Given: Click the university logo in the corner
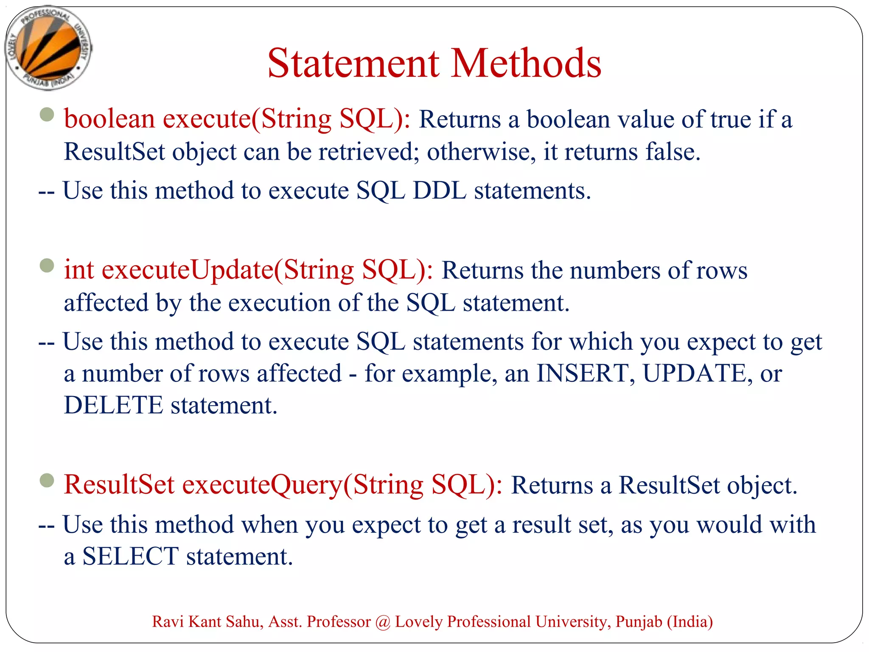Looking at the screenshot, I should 48,48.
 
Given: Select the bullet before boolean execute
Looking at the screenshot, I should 47,114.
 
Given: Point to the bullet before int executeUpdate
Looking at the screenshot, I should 47,266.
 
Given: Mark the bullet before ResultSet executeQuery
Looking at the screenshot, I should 47,481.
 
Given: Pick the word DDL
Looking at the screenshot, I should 439,191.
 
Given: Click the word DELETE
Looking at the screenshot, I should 113,405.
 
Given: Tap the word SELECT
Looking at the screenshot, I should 130,556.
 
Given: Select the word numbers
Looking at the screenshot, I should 615,270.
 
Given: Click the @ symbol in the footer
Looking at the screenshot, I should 383,622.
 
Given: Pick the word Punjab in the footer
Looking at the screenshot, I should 639,622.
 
